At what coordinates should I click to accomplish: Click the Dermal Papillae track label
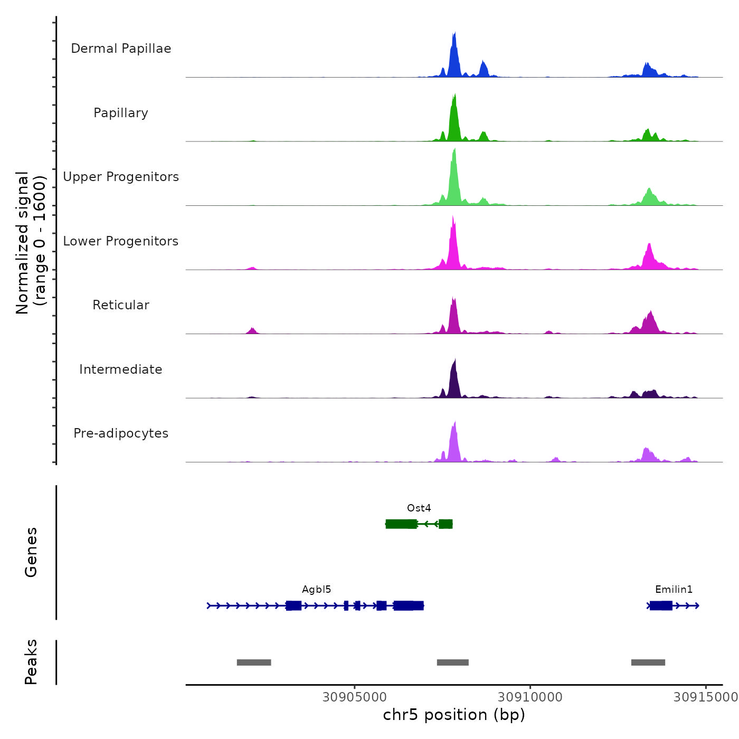coord(121,49)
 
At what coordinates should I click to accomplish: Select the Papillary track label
coord(121,113)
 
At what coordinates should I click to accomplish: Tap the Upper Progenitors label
coord(121,177)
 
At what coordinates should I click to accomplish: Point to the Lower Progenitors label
coord(121,241)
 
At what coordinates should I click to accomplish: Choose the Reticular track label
coord(121,305)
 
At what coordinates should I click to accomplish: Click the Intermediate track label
coord(121,369)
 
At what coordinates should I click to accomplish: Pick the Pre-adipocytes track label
coord(121,433)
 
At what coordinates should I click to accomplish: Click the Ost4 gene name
coord(419,508)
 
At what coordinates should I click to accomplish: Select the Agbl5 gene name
coord(317,590)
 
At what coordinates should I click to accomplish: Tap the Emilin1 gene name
coord(674,590)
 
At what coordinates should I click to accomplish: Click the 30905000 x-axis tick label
coord(355,697)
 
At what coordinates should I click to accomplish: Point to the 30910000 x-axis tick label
coord(530,697)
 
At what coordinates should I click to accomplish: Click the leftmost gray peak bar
coord(254,662)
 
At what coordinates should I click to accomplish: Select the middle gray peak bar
coord(453,662)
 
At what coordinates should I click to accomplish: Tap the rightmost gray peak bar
coord(648,662)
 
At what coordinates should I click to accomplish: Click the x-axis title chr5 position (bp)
coord(454,715)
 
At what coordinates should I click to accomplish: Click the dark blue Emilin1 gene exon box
coord(661,605)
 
